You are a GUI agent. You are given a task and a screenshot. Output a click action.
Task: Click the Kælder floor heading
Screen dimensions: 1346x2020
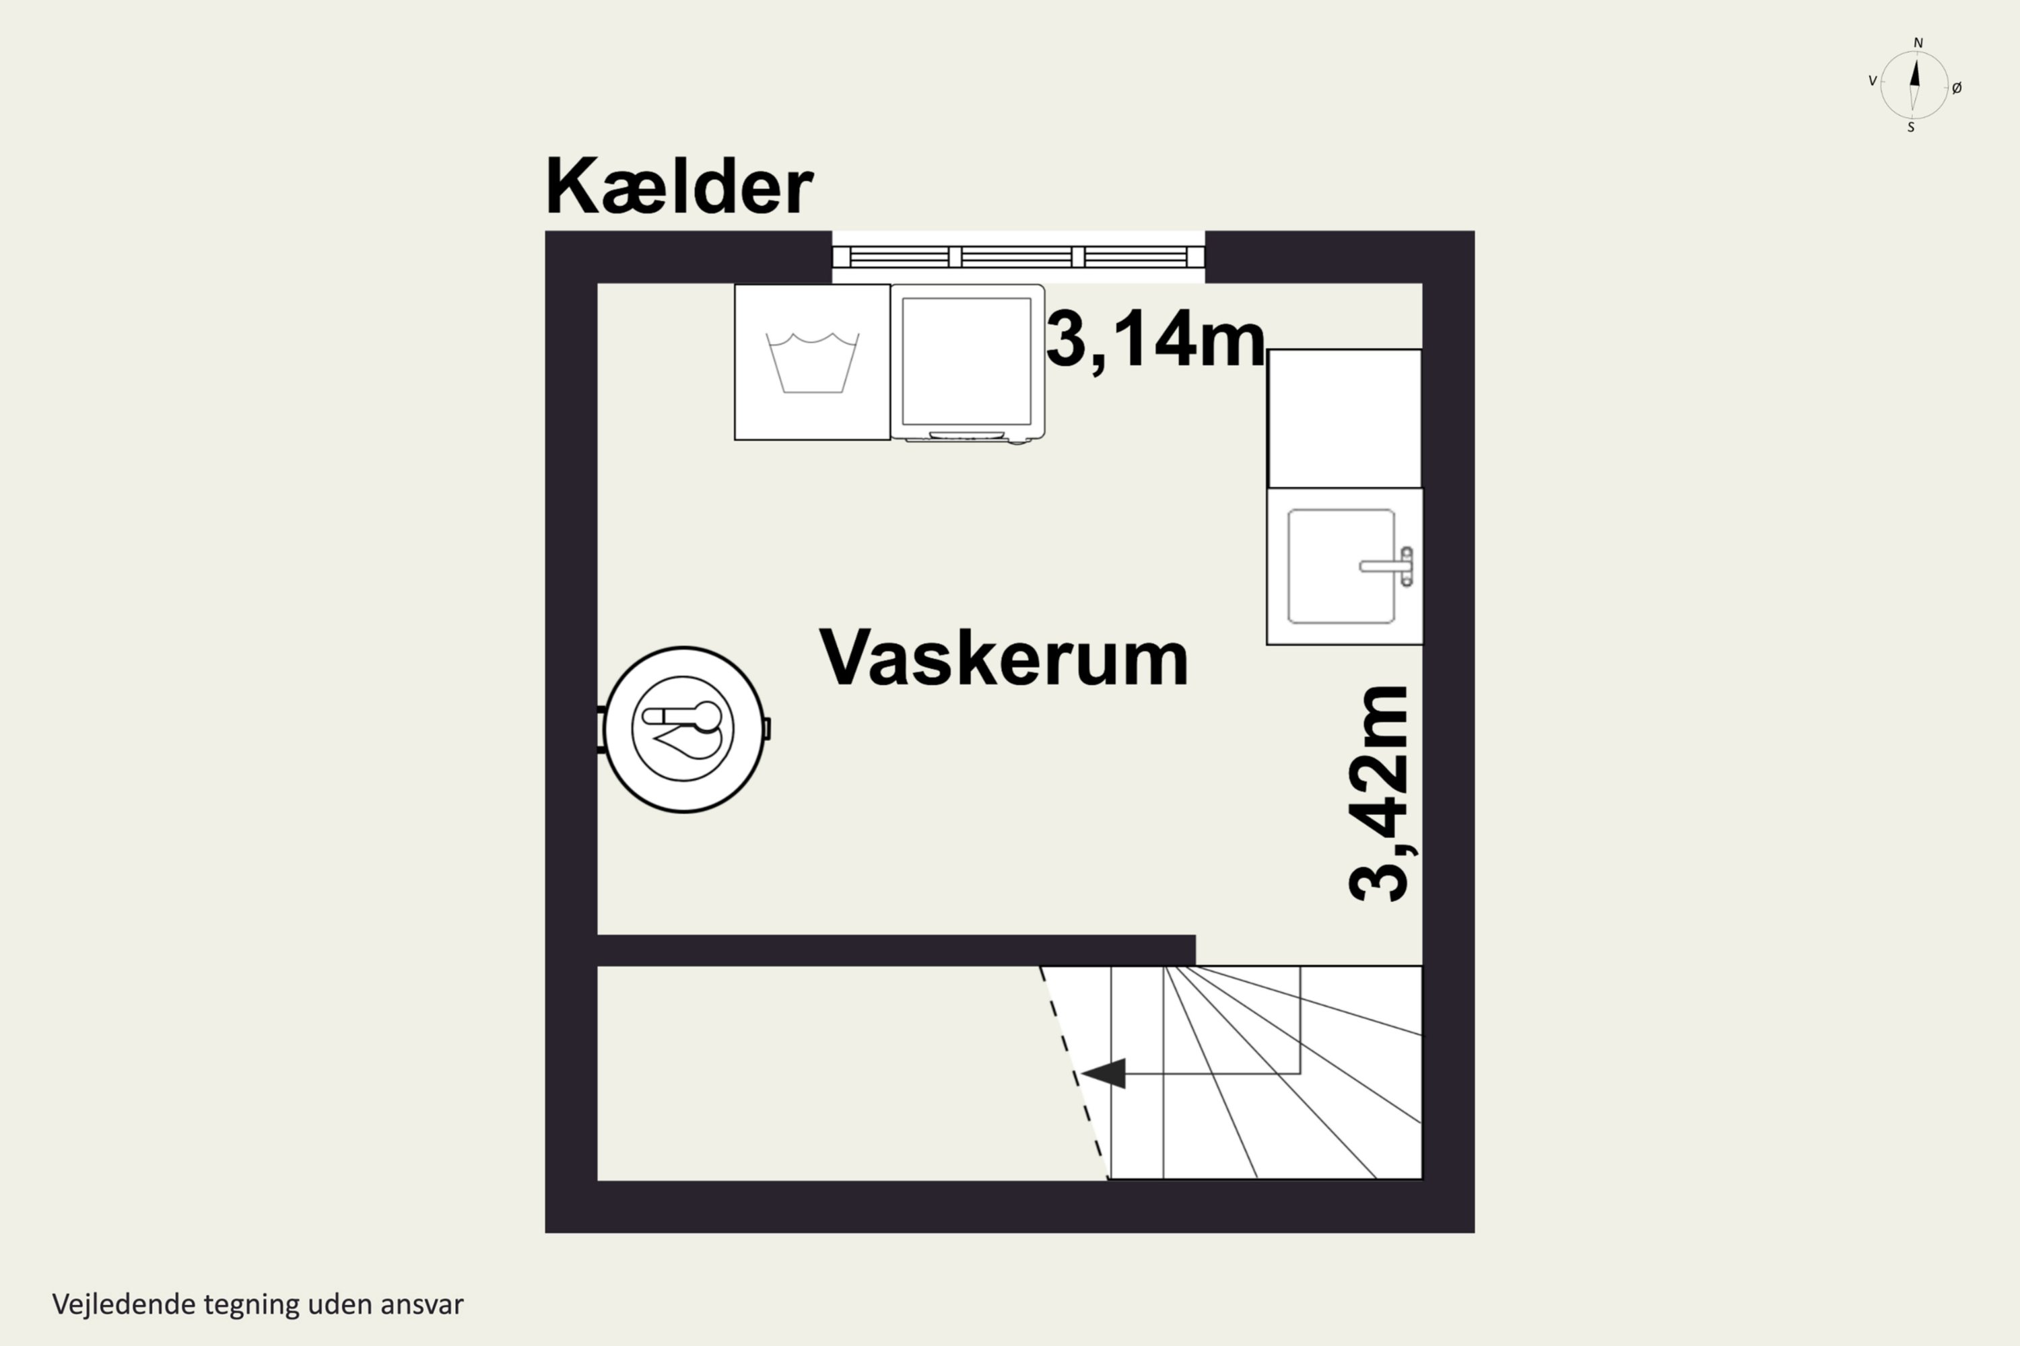click(679, 186)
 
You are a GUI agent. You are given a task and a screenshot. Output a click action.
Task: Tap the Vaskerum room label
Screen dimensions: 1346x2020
click(1003, 658)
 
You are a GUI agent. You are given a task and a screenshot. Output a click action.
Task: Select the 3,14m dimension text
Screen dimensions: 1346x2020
click(1155, 340)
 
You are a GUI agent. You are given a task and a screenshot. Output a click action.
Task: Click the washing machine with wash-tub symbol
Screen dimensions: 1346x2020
click(811, 362)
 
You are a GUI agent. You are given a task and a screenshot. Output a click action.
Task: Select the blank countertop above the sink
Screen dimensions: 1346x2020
click(1344, 418)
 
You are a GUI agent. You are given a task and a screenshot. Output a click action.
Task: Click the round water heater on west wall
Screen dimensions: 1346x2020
click(683, 729)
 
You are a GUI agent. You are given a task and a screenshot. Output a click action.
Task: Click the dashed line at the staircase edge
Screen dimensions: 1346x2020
click(1073, 1073)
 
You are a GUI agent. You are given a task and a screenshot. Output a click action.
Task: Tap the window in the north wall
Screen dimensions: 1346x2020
click(1017, 256)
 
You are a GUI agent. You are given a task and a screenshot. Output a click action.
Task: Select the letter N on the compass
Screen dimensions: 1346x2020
click(1918, 43)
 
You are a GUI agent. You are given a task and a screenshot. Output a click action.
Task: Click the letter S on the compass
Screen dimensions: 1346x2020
click(1911, 128)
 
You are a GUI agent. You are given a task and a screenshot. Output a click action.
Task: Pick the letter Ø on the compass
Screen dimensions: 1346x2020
click(1957, 87)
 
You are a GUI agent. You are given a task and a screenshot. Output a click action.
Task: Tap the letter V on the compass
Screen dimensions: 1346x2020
click(1873, 81)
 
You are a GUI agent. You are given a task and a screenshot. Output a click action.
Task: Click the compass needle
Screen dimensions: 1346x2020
click(1914, 85)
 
